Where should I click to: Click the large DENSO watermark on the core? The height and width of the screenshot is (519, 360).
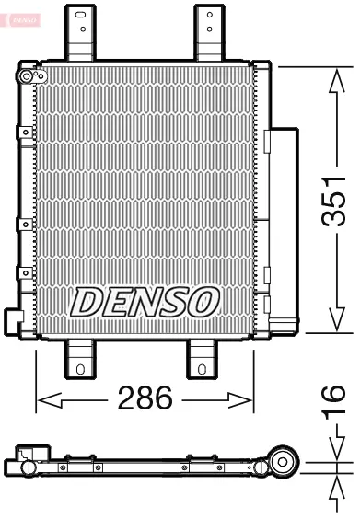click(x=145, y=300)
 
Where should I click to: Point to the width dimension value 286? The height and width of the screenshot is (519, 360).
click(x=145, y=399)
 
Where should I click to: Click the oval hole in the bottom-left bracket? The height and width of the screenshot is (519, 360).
click(x=80, y=370)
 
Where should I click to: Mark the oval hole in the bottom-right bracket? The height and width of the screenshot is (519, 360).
click(x=202, y=370)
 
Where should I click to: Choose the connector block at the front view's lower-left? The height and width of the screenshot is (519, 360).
click(x=13, y=319)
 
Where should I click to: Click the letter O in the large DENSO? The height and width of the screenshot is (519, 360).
click(x=203, y=300)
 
